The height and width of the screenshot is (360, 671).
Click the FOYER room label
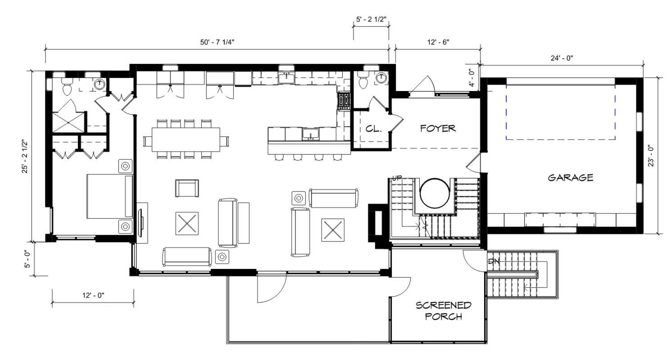point(438,128)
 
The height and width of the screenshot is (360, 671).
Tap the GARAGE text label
point(570,178)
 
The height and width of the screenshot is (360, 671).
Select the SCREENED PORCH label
point(444,311)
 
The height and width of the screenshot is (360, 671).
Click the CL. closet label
point(373,129)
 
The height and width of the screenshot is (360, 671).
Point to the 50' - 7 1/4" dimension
point(217,42)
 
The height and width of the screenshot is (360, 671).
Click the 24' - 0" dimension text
point(562,58)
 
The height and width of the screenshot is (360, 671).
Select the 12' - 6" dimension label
point(438,42)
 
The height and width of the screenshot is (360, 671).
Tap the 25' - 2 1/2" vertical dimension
point(25,156)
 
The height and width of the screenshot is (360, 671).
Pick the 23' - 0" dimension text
point(651,156)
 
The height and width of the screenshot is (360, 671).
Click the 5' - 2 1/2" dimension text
point(371,19)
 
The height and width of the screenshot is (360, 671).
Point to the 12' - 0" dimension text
point(93,295)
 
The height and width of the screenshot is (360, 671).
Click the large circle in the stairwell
point(435,193)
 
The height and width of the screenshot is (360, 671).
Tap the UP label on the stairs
point(397,179)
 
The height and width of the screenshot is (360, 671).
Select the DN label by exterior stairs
point(494,261)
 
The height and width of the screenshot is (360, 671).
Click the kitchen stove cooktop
point(344,101)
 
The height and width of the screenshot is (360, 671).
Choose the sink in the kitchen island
point(311,134)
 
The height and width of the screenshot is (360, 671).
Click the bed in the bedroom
point(109,196)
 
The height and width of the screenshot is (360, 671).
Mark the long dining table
point(186,140)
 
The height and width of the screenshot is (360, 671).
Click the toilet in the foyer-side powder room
point(363,82)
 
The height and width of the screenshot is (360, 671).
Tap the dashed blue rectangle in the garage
point(561,112)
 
